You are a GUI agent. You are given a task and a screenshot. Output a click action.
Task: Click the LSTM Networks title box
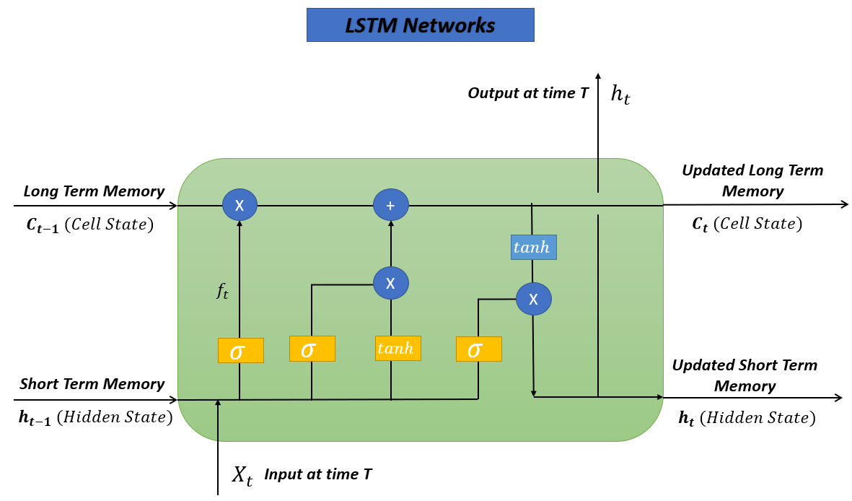(420, 25)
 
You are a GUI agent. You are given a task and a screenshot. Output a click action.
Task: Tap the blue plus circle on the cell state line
(390, 206)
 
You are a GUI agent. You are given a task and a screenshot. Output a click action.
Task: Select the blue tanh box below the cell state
(534, 248)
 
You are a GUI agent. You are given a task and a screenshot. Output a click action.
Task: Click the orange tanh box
(398, 349)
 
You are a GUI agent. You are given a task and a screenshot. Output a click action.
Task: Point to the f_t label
(222, 291)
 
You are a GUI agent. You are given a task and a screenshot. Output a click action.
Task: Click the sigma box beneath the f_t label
(240, 351)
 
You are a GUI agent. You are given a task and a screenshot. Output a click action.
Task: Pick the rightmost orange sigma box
(478, 349)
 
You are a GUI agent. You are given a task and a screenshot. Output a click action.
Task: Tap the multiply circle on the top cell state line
(240, 206)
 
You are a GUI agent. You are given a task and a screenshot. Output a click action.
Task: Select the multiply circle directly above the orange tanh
(390, 283)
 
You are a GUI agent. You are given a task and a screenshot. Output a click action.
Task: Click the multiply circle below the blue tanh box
(533, 299)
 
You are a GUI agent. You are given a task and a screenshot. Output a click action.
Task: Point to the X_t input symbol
(242, 475)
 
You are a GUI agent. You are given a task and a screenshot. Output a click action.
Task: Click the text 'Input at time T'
(318, 474)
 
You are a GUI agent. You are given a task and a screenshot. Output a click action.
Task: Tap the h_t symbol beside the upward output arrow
(620, 94)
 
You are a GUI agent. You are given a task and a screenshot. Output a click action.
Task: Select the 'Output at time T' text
(528, 93)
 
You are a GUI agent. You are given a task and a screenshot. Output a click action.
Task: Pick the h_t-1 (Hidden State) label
(95, 417)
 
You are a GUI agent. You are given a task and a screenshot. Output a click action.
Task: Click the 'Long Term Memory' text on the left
(94, 191)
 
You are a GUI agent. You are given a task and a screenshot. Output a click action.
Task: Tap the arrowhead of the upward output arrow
(597, 77)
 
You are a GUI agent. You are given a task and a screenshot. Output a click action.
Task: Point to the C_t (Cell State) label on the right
(747, 225)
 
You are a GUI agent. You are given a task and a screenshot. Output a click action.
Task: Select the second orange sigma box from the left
(312, 349)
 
